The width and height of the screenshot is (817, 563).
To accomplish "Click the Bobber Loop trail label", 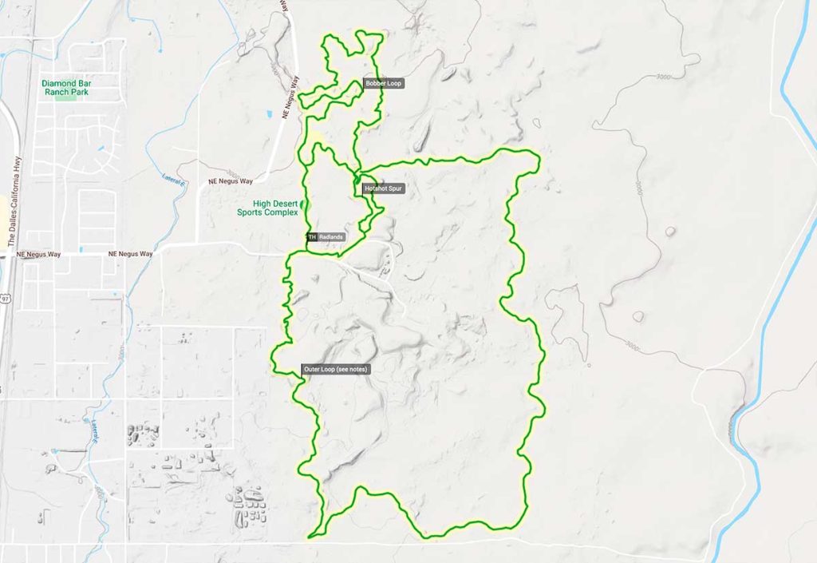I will tap(382, 83).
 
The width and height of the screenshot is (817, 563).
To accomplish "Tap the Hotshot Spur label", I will tap(382, 189).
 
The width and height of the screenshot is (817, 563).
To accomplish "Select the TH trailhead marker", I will tap(312, 237).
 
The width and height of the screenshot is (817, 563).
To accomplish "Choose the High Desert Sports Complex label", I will tap(268, 208).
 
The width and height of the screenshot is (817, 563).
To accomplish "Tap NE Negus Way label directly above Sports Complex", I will tap(230, 182).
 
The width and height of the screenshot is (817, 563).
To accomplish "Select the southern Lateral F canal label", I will tap(95, 432).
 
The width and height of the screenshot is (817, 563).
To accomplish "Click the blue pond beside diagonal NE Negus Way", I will tap(270, 112).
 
